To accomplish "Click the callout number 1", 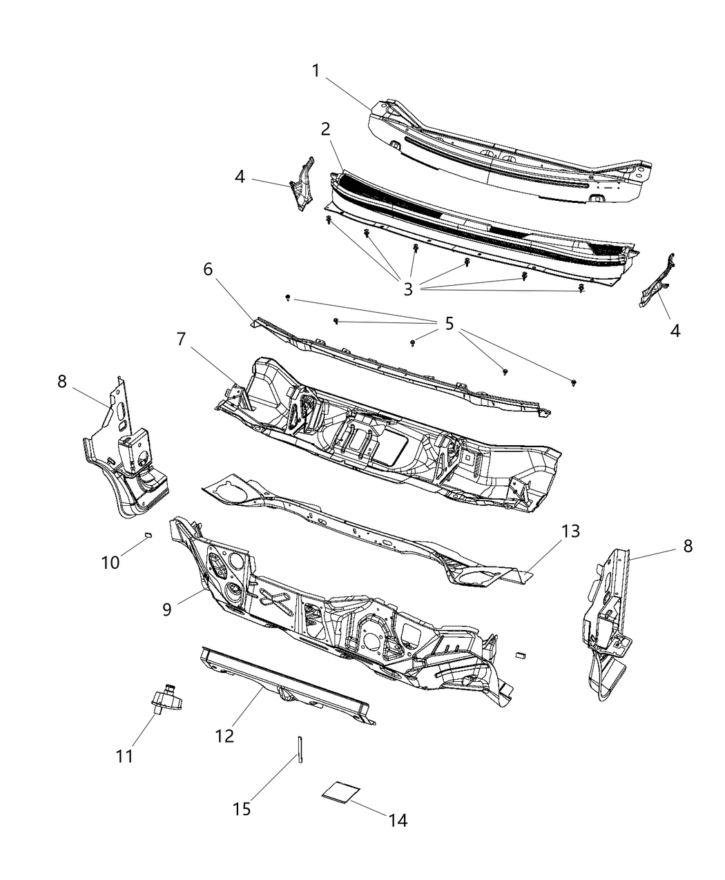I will pos(316,71).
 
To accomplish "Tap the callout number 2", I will pos(325,129).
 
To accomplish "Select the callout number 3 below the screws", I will pos(408,289).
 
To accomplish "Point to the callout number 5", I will pos(449,323).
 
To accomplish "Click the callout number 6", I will pos(208,270).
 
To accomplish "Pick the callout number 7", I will pos(182,340).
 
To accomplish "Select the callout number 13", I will pos(570,531).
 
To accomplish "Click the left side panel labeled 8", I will pos(124,456).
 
